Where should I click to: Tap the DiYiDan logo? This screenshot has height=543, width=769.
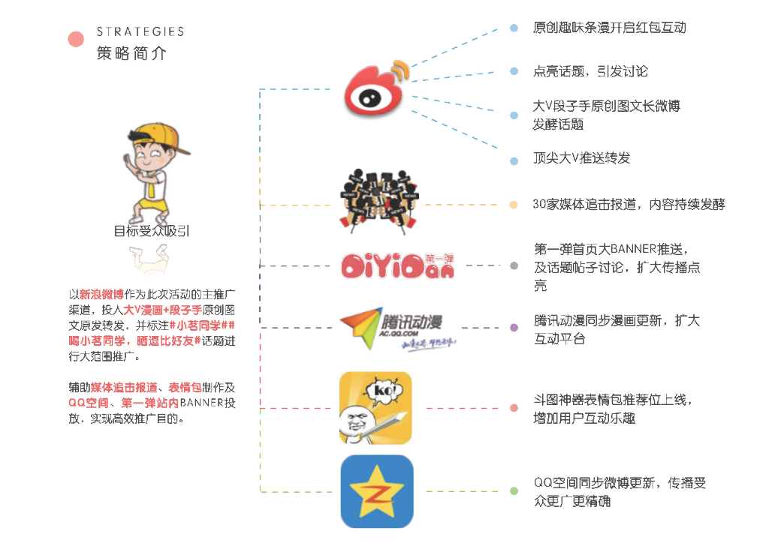click(x=397, y=265)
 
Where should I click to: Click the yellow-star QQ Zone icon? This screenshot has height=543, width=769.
click(x=376, y=491)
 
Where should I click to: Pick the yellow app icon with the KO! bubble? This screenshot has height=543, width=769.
click(x=375, y=408)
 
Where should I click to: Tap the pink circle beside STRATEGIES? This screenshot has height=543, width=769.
click(x=76, y=39)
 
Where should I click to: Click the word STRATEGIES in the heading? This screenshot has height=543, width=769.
click(x=140, y=31)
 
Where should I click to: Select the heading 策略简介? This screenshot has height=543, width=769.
click(x=132, y=54)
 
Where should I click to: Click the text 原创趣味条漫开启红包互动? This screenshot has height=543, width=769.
click(x=609, y=28)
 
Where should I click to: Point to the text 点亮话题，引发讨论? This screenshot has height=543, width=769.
click(x=590, y=71)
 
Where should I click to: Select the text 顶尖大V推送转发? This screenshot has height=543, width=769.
click(x=581, y=158)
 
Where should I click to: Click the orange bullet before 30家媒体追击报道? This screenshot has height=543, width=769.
click(x=514, y=205)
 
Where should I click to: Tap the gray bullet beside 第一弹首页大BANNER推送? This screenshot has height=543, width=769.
click(x=514, y=265)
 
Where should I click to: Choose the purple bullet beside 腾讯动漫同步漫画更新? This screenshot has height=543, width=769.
click(x=514, y=328)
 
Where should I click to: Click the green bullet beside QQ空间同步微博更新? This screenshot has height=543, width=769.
click(x=514, y=491)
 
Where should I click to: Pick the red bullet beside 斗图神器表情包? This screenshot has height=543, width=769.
click(x=514, y=408)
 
